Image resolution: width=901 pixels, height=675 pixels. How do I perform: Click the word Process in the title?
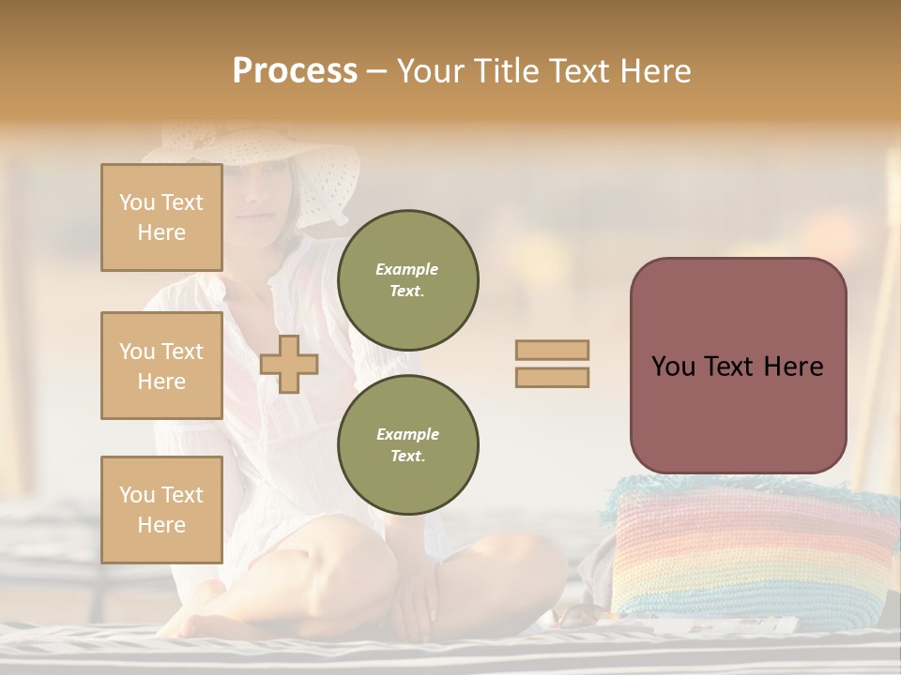pyautogui.click(x=295, y=71)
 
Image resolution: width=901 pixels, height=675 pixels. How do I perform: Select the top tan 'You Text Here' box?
pyautogui.click(x=161, y=217)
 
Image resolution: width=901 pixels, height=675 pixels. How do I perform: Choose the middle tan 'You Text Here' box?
pyautogui.click(x=161, y=366)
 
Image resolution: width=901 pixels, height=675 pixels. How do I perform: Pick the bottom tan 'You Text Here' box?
pyautogui.click(x=161, y=510)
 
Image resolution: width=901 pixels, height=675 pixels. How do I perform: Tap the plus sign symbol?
pyautogui.click(x=289, y=364)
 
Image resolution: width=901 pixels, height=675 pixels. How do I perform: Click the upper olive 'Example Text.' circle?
pyautogui.click(x=407, y=279)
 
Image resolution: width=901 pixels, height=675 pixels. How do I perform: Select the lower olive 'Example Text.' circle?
pyautogui.click(x=407, y=444)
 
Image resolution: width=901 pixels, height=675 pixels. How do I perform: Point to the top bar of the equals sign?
pyautogui.click(x=552, y=350)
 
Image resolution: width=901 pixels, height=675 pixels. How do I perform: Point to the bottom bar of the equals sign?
pyautogui.click(x=552, y=377)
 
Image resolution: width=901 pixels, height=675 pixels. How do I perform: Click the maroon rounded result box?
pyautogui.click(x=738, y=366)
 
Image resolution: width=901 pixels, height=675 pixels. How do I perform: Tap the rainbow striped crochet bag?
pyautogui.click(x=751, y=553)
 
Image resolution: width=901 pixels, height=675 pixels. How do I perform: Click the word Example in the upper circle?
pyautogui.click(x=407, y=269)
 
